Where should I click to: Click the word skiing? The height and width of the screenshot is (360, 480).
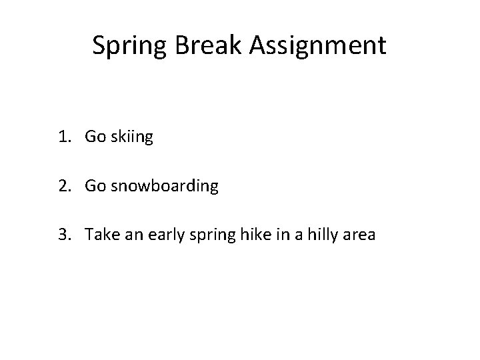point(132,139)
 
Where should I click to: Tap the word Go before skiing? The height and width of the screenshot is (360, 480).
point(95,137)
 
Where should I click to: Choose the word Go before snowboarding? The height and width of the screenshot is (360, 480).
point(95,186)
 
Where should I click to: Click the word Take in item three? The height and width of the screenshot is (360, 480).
point(99,235)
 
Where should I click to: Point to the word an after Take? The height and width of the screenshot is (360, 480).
point(129,236)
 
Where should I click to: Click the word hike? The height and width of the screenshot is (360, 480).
point(248,235)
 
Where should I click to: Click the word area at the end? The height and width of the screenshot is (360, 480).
point(358,236)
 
